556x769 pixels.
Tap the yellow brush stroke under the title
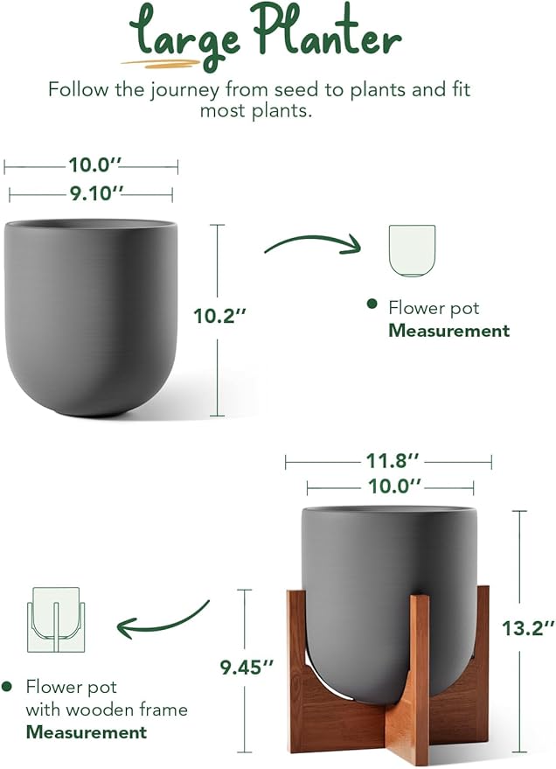(x=163, y=62)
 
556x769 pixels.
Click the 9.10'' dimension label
(x=91, y=194)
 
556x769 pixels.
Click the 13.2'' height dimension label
(x=527, y=627)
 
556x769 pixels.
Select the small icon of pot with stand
(x=53, y=619)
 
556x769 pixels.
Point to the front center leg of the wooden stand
(x=407, y=678)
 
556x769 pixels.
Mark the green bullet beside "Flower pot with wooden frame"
(x=8, y=687)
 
